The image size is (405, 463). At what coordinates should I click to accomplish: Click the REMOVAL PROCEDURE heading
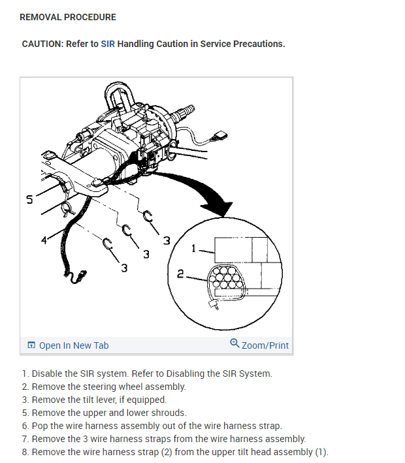(68, 17)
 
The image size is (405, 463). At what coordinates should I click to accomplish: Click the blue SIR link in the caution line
(108, 44)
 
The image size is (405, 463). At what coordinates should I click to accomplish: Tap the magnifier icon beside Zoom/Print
(235, 343)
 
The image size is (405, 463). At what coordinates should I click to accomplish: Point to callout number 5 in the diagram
(29, 200)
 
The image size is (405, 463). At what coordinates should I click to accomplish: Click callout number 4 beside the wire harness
(44, 240)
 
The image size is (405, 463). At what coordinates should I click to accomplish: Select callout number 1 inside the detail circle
(193, 248)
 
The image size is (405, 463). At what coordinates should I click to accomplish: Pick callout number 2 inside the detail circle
(180, 274)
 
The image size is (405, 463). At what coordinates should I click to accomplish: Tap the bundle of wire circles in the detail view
(226, 278)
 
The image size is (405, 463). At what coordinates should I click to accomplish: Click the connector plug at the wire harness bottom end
(80, 276)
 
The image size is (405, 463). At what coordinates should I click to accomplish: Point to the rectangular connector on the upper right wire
(219, 136)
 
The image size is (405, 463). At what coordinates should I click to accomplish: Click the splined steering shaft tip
(187, 110)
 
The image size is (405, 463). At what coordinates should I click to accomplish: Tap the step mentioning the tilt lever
(94, 400)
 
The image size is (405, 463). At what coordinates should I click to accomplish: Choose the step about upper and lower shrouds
(105, 413)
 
